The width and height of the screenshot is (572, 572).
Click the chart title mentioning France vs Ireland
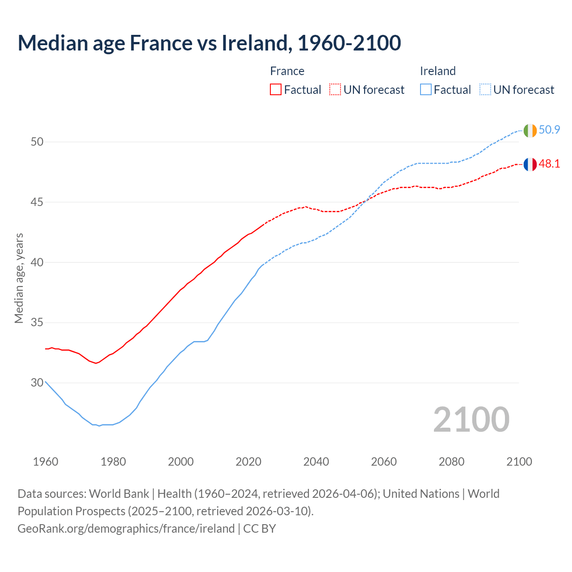[209, 43]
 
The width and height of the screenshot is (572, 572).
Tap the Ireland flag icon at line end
[530, 130]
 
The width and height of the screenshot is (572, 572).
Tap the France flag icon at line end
[530, 164]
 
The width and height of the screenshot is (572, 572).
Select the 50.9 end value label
[549, 130]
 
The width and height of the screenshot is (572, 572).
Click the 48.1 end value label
[549, 164]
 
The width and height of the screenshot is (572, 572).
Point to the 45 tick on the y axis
[37, 202]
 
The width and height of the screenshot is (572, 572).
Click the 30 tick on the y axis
[37, 383]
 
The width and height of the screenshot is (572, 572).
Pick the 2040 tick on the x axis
[316, 462]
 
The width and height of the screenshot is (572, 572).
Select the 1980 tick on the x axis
[113, 462]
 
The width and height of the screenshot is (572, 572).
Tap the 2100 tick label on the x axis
[519, 462]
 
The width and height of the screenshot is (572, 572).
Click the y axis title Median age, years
[19, 278]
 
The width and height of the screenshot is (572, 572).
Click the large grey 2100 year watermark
[471, 419]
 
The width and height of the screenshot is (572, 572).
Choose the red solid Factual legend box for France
[276, 90]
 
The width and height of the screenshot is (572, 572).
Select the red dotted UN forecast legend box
[335, 90]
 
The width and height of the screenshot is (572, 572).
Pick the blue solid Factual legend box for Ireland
[426, 90]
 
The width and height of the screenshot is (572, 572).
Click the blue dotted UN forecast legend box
[485, 90]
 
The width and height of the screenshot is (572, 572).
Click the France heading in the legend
[287, 71]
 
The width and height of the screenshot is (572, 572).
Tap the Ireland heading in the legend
[437, 71]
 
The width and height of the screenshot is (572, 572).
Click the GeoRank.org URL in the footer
[126, 529]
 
